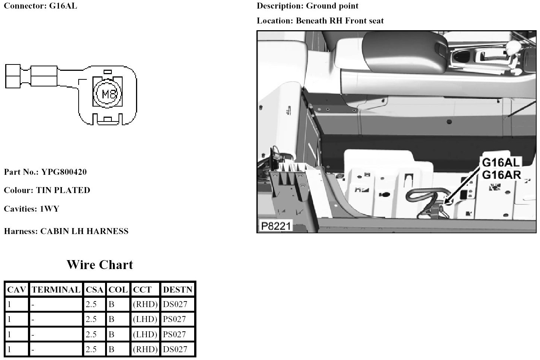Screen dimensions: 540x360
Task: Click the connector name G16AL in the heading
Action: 63,6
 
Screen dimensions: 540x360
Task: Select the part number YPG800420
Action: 64,172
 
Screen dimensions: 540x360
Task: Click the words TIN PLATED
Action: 63,190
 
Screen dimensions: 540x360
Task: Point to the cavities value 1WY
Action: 49,209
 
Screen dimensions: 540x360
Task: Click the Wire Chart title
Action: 100,265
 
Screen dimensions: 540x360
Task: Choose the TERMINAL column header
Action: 56,290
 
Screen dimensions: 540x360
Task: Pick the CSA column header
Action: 94,290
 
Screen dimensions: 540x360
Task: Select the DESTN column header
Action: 178,290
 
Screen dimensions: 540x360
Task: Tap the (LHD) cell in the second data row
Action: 145,319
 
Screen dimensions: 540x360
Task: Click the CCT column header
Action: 142,290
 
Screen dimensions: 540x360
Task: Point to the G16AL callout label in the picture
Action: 500,163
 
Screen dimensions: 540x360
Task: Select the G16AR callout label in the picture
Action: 501,174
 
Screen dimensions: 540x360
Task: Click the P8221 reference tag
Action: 275,226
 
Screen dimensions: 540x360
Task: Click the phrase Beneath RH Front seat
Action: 340,21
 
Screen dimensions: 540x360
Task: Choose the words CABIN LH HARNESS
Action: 84,231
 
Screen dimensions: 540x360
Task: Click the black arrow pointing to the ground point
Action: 464,185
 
